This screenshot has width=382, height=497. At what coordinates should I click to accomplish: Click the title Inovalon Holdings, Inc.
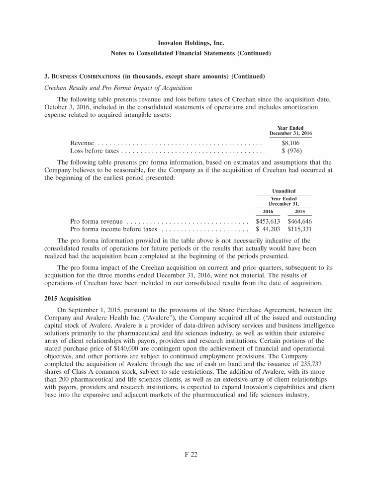pyautogui.click(x=191, y=44)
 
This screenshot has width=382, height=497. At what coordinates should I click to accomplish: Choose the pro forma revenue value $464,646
pyautogui.click(x=299, y=222)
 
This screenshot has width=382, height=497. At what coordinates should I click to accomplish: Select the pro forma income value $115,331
pyautogui.click(x=299, y=230)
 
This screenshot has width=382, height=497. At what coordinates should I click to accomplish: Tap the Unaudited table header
pyautogui.click(x=284, y=191)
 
